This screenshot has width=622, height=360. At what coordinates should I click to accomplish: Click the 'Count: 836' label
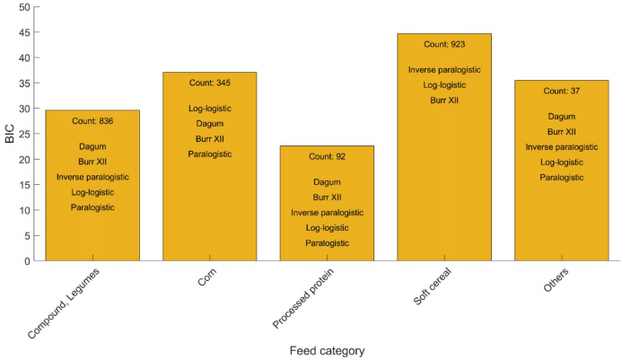click(92, 121)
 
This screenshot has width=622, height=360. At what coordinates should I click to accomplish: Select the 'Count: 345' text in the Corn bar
click(209, 83)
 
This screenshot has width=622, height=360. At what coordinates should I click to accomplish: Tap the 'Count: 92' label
click(327, 157)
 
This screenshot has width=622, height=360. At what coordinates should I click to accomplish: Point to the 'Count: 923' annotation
click(444, 44)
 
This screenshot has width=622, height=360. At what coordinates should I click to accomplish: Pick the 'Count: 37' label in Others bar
click(562, 91)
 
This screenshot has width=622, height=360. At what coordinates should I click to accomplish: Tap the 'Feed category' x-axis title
click(327, 349)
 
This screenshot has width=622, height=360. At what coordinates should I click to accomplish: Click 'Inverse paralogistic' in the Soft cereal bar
click(444, 70)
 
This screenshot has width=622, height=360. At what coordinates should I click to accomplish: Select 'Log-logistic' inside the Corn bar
click(209, 109)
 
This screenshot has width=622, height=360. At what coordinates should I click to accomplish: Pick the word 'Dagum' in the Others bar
click(562, 116)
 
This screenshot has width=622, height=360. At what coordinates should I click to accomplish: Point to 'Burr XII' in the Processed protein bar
click(327, 198)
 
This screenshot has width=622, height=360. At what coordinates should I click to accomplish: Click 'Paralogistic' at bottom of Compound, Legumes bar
click(92, 208)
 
